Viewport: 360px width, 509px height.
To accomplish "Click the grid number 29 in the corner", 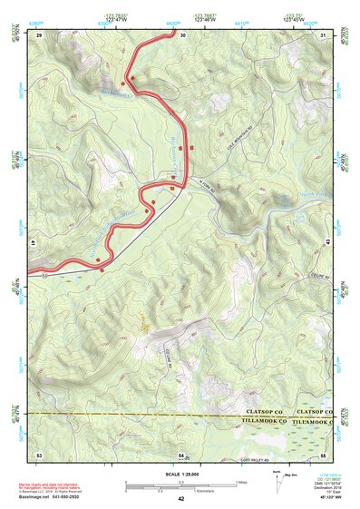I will [39, 34].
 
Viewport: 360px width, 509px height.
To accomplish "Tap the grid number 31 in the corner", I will [325, 34].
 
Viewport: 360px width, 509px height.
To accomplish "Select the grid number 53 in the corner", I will [39, 452].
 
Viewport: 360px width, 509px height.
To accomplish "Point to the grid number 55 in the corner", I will [324, 452].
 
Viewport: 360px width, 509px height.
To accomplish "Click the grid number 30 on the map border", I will [182, 34].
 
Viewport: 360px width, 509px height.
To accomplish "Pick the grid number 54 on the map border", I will [181, 453].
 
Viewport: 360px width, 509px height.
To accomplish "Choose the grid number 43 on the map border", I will [327, 243].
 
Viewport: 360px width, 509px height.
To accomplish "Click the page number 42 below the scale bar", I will [181, 499].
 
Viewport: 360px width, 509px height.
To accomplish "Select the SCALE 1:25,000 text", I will [181, 473].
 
